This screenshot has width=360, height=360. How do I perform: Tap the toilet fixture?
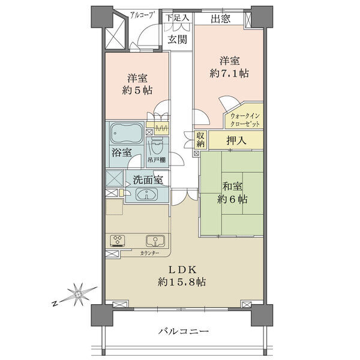[157, 146]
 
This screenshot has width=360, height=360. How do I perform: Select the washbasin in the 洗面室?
[147, 194]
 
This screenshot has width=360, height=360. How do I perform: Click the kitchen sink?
[155, 241]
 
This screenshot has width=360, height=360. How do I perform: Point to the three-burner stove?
[118, 241]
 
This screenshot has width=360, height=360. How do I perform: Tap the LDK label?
[182, 270]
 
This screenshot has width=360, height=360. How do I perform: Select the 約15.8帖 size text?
[182, 282]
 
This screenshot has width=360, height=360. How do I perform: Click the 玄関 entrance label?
[177, 40]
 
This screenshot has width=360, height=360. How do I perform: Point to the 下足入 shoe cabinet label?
[178, 17]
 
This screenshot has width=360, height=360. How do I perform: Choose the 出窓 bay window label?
[220, 19]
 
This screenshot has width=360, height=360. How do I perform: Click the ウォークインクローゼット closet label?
[245, 120]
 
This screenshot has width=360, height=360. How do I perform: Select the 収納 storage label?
[200, 139]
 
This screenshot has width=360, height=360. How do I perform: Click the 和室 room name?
[232, 186]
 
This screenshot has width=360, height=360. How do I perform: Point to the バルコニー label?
[184, 331]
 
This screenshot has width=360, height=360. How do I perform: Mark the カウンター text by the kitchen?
[149, 253]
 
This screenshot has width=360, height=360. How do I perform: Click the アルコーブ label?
[142, 14]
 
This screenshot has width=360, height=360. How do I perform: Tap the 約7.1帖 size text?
[229, 73]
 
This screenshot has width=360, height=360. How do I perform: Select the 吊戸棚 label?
[157, 160]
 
